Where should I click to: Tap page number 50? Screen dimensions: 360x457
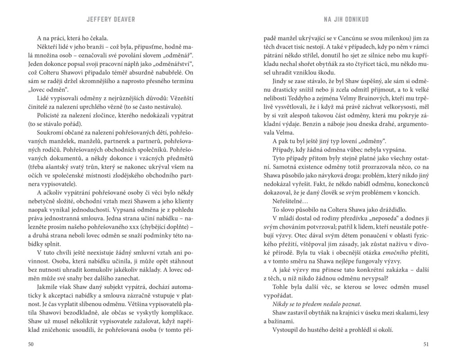31,343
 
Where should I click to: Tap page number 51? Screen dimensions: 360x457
425,343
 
